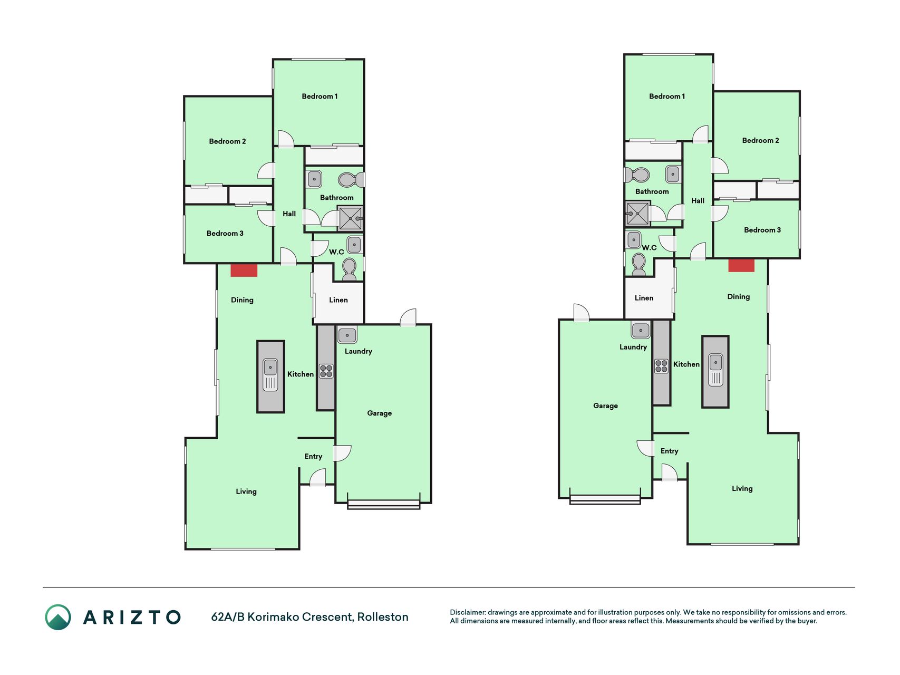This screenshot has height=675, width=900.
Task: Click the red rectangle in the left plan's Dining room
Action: pyautogui.click(x=244, y=270)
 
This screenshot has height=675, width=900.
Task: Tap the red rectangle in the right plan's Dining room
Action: pyautogui.click(x=741, y=265)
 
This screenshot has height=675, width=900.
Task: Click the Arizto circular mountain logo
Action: pyautogui.click(x=58, y=617)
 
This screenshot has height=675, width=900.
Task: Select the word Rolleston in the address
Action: pyautogui.click(x=383, y=617)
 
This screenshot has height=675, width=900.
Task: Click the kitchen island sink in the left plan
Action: pyautogui.click(x=270, y=375)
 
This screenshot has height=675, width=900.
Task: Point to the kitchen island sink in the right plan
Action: pyautogui.click(x=715, y=370)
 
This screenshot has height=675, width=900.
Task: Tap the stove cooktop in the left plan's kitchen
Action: pyautogui.click(x=326, y=371)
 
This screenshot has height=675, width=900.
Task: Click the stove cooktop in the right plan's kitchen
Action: pyautogui.click(x=661, y=366)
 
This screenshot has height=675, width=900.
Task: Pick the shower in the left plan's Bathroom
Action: pyautogui.click(x=351, y=218)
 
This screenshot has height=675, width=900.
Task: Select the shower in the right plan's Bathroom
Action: pyautogui.click(x=637, y=214)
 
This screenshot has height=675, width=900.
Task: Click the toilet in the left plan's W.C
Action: pyautogui.click(x=349, y=269)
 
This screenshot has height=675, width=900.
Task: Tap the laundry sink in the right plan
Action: pyautogui.click(x=641, y=331)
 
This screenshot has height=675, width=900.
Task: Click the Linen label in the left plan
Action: pyautogui.click(x=338, y=300)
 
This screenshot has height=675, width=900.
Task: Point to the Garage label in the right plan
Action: pyautogui.click(x=605, y=406)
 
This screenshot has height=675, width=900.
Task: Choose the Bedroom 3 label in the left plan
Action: pyautogui.click(x=225, y=234)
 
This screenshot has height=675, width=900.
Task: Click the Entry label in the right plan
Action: pyautogui.click(x=670, y=451)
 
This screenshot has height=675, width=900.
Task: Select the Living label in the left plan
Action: pyautogui.click(x=246, y=492)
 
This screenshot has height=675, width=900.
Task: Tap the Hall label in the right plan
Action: pyautogui.click(x=698, y=201)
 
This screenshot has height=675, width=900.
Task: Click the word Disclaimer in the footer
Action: pyautogui.click(x=468, y=612)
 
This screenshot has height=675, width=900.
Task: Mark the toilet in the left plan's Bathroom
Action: pyautogui.click(x=351, y=180)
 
